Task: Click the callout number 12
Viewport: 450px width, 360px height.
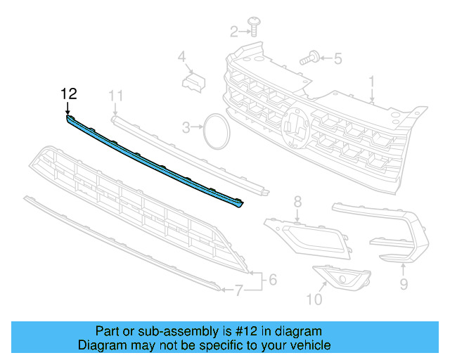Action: [68, 94]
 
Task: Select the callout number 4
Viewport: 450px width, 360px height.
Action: [181, 56]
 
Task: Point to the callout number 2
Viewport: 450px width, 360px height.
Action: [235, 30]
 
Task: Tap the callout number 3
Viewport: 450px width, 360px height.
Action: [186, 127]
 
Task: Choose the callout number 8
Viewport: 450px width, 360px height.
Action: [297, 202]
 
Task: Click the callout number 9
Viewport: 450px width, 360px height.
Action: [404, 284]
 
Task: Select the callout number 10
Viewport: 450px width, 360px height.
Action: [314, 300]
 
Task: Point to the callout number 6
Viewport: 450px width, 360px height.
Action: [272, 280]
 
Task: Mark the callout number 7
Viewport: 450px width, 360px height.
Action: [238, 289]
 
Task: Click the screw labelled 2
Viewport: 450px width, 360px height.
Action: [254, 29]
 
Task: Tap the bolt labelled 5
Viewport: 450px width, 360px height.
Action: [311, 59]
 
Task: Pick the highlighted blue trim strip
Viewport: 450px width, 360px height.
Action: [155, 162]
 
